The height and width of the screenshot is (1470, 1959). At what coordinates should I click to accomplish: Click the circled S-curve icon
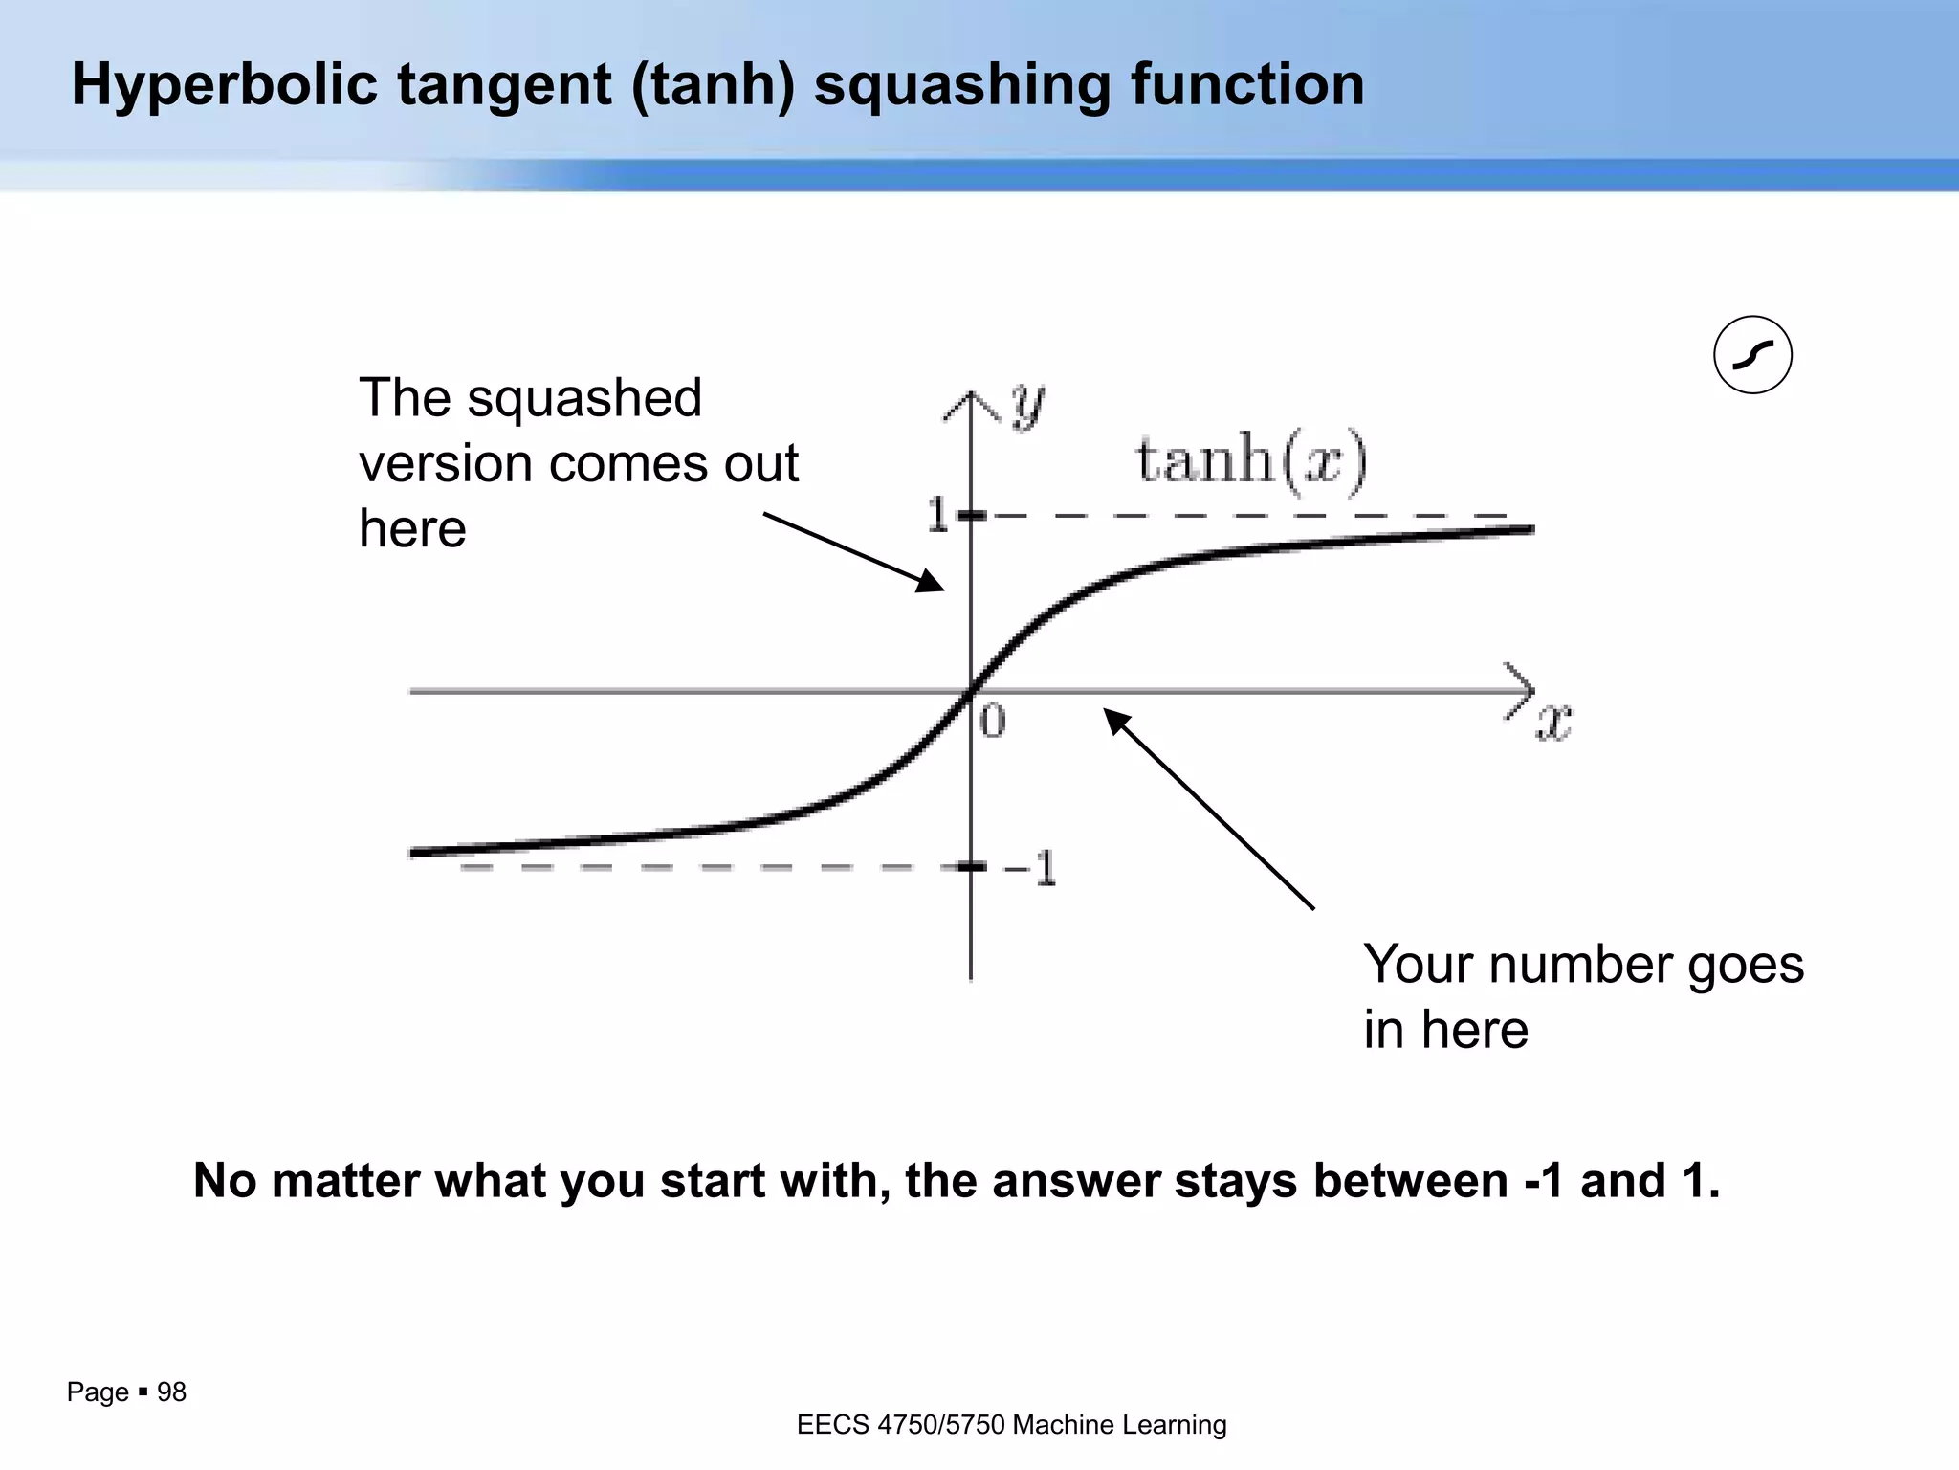[1752, 355]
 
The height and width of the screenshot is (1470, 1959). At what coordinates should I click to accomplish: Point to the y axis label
[1027, 406]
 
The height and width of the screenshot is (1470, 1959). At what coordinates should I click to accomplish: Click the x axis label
[1553, 723]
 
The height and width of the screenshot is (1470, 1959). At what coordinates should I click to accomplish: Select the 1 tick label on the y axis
[937, 517]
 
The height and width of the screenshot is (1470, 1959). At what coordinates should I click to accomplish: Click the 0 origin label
[993, 722]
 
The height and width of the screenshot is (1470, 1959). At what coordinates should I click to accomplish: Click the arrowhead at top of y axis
[971, 403]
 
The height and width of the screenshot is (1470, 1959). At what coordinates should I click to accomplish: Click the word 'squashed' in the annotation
[583, 398]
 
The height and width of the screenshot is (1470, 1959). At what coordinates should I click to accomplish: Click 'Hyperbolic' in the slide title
[225, 84]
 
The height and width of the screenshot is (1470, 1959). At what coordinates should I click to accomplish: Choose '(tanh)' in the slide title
[713, 84]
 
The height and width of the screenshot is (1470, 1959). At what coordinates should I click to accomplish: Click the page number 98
[171, 1392]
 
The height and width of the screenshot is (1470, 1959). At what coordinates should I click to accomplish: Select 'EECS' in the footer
[832, 1425]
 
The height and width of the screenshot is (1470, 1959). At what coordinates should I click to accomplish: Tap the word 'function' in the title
[1247, 84]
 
